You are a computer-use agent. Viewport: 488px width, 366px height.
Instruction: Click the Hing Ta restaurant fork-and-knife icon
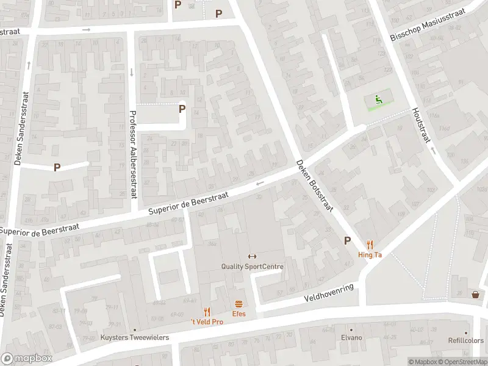pos(370,245)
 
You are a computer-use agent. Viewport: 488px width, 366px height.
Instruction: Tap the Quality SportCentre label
pos(252,267)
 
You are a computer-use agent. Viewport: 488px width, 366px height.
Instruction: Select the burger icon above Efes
pos(239,304)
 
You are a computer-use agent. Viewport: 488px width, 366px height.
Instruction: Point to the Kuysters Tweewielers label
pos(135,337)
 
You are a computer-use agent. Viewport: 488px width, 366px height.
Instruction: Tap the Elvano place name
pos(351,337)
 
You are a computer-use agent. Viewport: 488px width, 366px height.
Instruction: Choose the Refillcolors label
pos(466,341)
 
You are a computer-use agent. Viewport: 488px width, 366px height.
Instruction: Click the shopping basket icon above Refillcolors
pos(475,295)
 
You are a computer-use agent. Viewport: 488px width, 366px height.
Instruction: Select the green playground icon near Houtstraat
pos(379,100)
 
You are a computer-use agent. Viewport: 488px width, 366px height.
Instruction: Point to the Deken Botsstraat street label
pos(314,185)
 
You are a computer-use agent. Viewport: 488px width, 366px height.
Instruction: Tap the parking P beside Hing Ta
pos(348,240)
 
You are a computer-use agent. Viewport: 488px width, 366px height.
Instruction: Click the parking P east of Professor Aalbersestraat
pos(182,109)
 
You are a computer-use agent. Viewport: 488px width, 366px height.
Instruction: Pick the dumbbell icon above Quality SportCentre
pos(251,256)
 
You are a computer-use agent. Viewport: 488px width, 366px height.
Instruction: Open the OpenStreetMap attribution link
pos(461,362)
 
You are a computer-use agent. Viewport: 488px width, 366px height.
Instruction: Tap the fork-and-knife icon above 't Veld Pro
pos(207,312)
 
